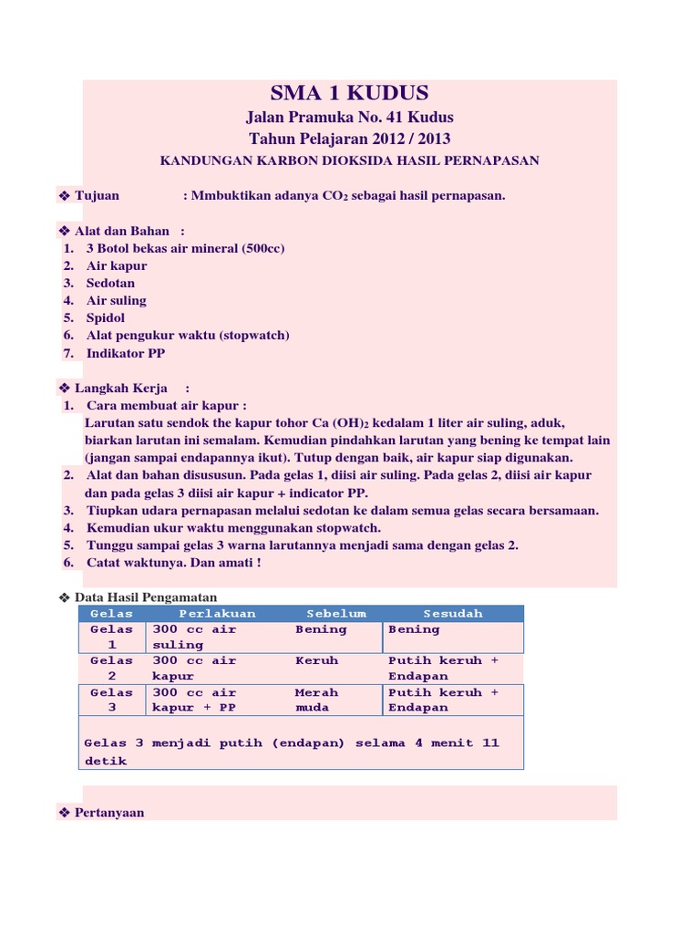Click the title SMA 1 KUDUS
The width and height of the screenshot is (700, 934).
(x=349, y=93)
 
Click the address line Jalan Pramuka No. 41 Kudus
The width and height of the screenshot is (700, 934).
(x=349, y=118)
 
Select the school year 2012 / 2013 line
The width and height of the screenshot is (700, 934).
(x=349, y=139)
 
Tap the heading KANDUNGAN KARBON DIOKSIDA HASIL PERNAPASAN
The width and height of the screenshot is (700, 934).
(x=349, y=161)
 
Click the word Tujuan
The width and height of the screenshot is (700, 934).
(x=97, y=196)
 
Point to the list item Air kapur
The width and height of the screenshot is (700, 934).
(x=117, y=265)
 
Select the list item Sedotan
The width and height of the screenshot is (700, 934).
(x=110, y=283)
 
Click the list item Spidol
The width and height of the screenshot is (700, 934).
(x=106, y=317)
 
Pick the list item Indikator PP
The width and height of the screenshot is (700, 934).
(x=126, y=352)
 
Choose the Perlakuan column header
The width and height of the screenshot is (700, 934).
(x=217, y=614)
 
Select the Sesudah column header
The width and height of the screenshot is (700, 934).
(x=453, y=614)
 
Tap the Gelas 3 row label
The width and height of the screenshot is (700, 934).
(x=111, y=700)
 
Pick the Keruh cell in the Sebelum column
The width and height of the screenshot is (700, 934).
(x=316, y=660)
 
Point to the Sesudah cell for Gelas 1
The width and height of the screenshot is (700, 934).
(x=414, y=629)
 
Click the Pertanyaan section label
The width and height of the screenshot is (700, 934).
(x=109, y=813)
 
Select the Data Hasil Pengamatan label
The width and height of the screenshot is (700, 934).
(x=146, y=597)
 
